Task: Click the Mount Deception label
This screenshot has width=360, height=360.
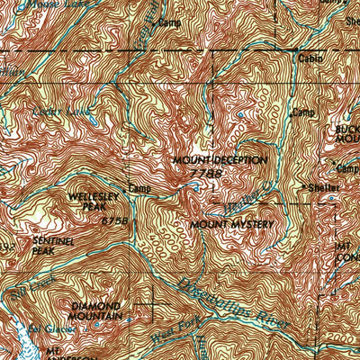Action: (220, 159)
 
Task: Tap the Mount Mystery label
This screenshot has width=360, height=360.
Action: (231, 222)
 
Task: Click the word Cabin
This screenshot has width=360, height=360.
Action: (312, 59)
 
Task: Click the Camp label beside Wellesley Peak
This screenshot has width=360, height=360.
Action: (139, 189)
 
